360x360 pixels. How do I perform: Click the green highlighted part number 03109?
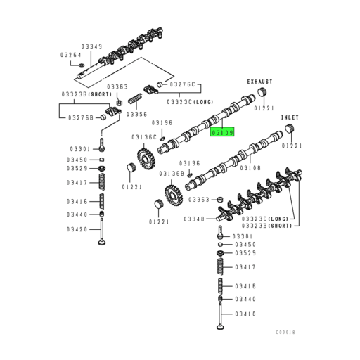pos(224,131)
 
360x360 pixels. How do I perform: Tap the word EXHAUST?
pos(259,81)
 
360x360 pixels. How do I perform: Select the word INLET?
pos(290,117)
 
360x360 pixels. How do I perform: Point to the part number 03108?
pos(250,168)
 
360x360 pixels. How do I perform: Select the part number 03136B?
pos(171,173)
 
